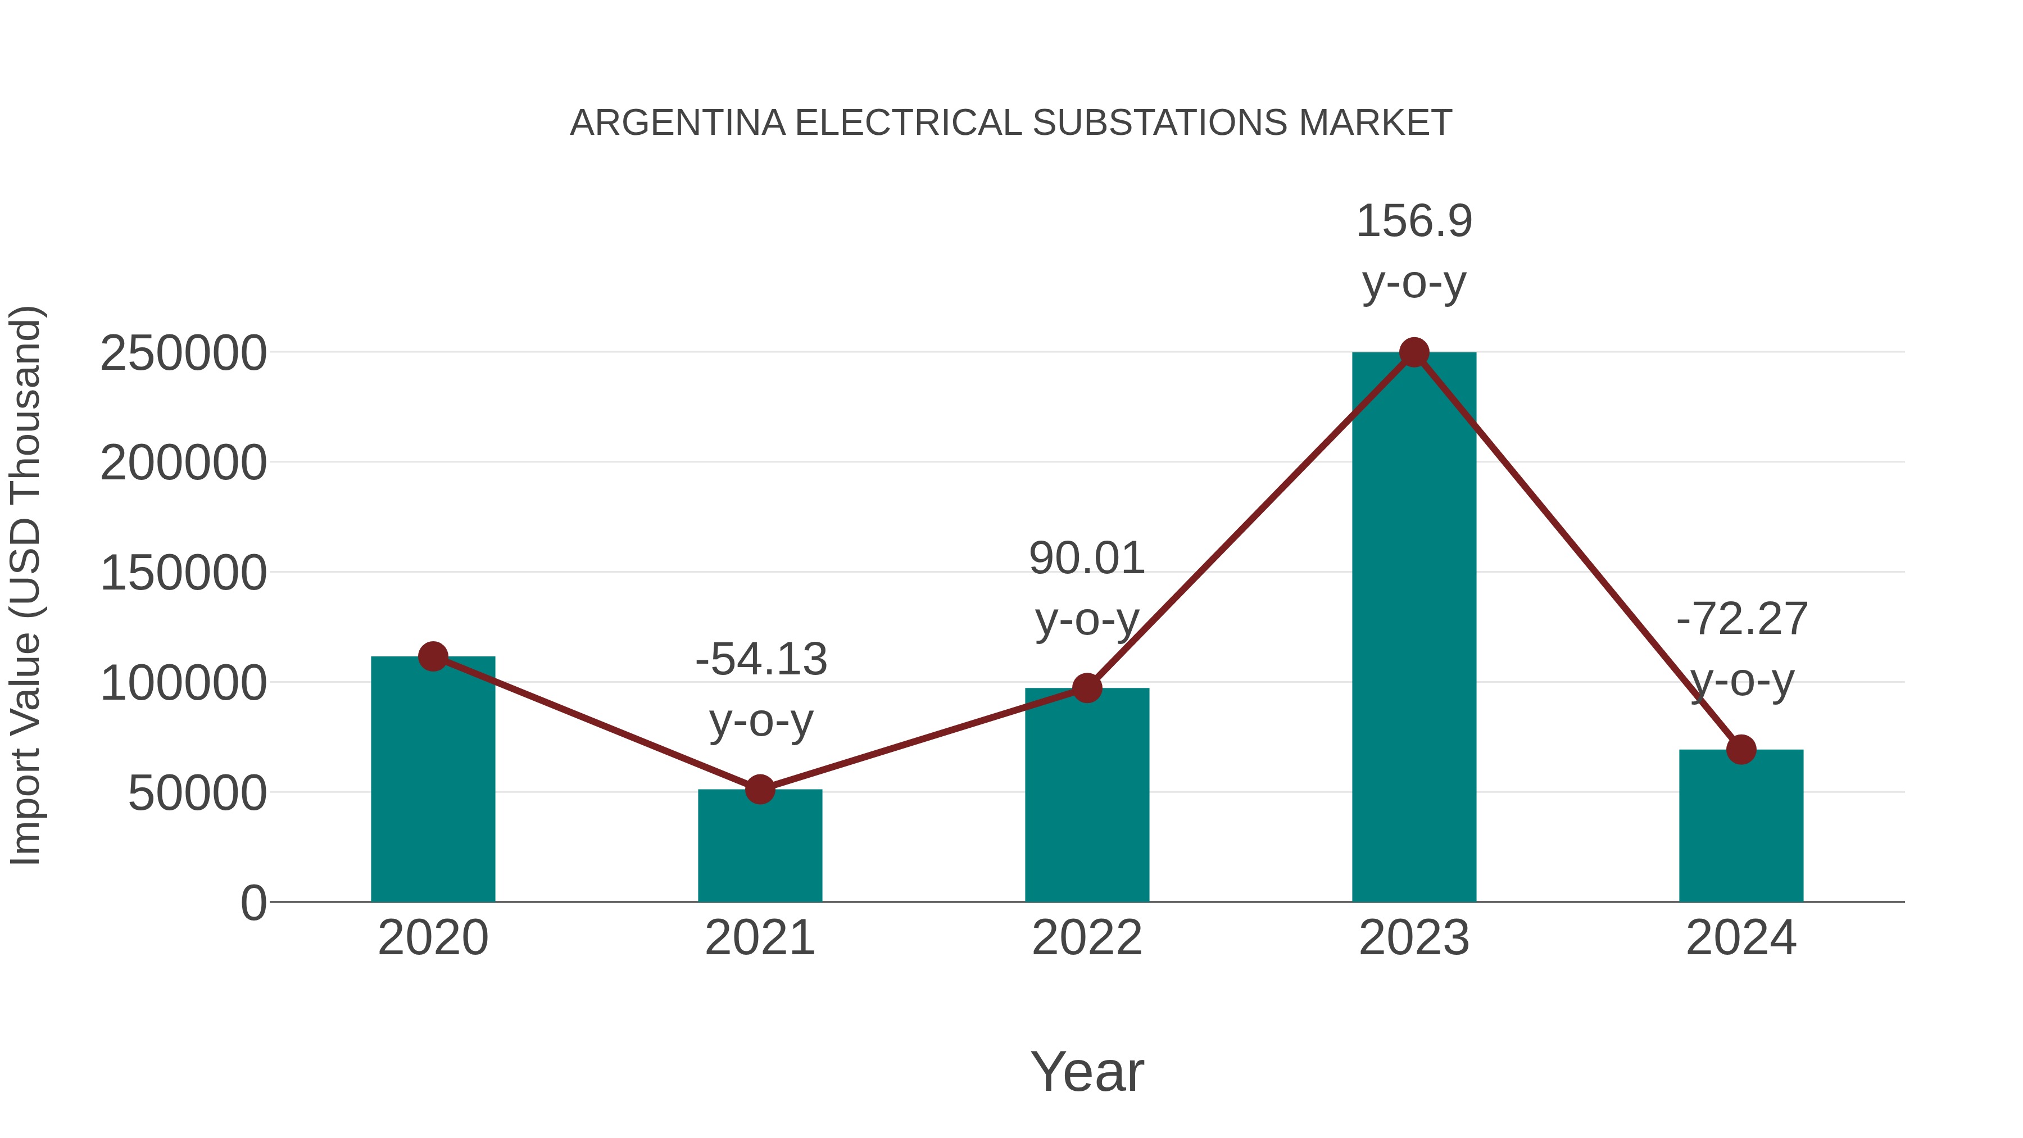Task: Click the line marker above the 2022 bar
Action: pyautogui.click(x=1087, y=688)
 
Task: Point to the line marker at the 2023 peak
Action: pyautogui.click(x=1414, y=352)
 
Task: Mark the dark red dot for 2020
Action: pyautogui.click(x=433, y=656)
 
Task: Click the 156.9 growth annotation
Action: pyautogui.click(x=1414, y=221)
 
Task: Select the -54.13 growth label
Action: pyautogui.click(x=761, y=659)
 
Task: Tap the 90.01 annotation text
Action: pyautogui.click(x=1087, y=559)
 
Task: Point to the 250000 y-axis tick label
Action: pyautogui.click(x=183, y=353)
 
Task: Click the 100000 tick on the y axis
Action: pyautogui.click(x=183, y=683)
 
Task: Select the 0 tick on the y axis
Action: pyautogui.click(x=253, y=903)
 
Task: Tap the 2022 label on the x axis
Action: pyautogui.click(x=1087, y=938)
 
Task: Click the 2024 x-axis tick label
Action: pyautogui.click(x=1740, y=938)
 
